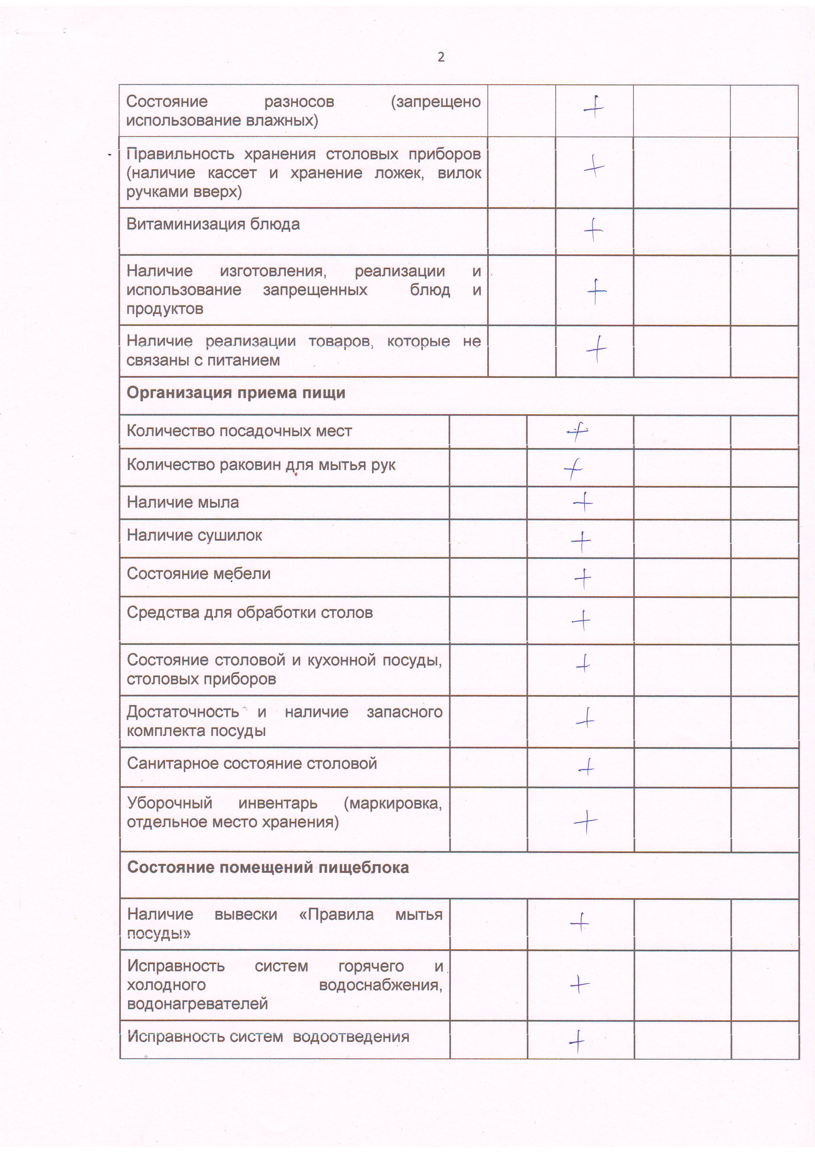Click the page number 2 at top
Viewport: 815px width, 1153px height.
441,57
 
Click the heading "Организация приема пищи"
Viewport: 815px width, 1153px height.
236,393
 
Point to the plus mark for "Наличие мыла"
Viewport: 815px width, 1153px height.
583,501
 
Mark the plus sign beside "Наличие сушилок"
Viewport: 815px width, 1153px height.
581,541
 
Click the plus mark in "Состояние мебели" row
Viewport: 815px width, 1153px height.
583,578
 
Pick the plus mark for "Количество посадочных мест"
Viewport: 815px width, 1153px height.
577,431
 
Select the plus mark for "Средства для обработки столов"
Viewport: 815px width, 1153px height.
581,621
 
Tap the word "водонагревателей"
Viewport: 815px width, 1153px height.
198,1004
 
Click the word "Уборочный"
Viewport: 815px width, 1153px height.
170,803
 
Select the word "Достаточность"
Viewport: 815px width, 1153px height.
183,712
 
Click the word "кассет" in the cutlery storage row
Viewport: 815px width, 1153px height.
232,173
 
